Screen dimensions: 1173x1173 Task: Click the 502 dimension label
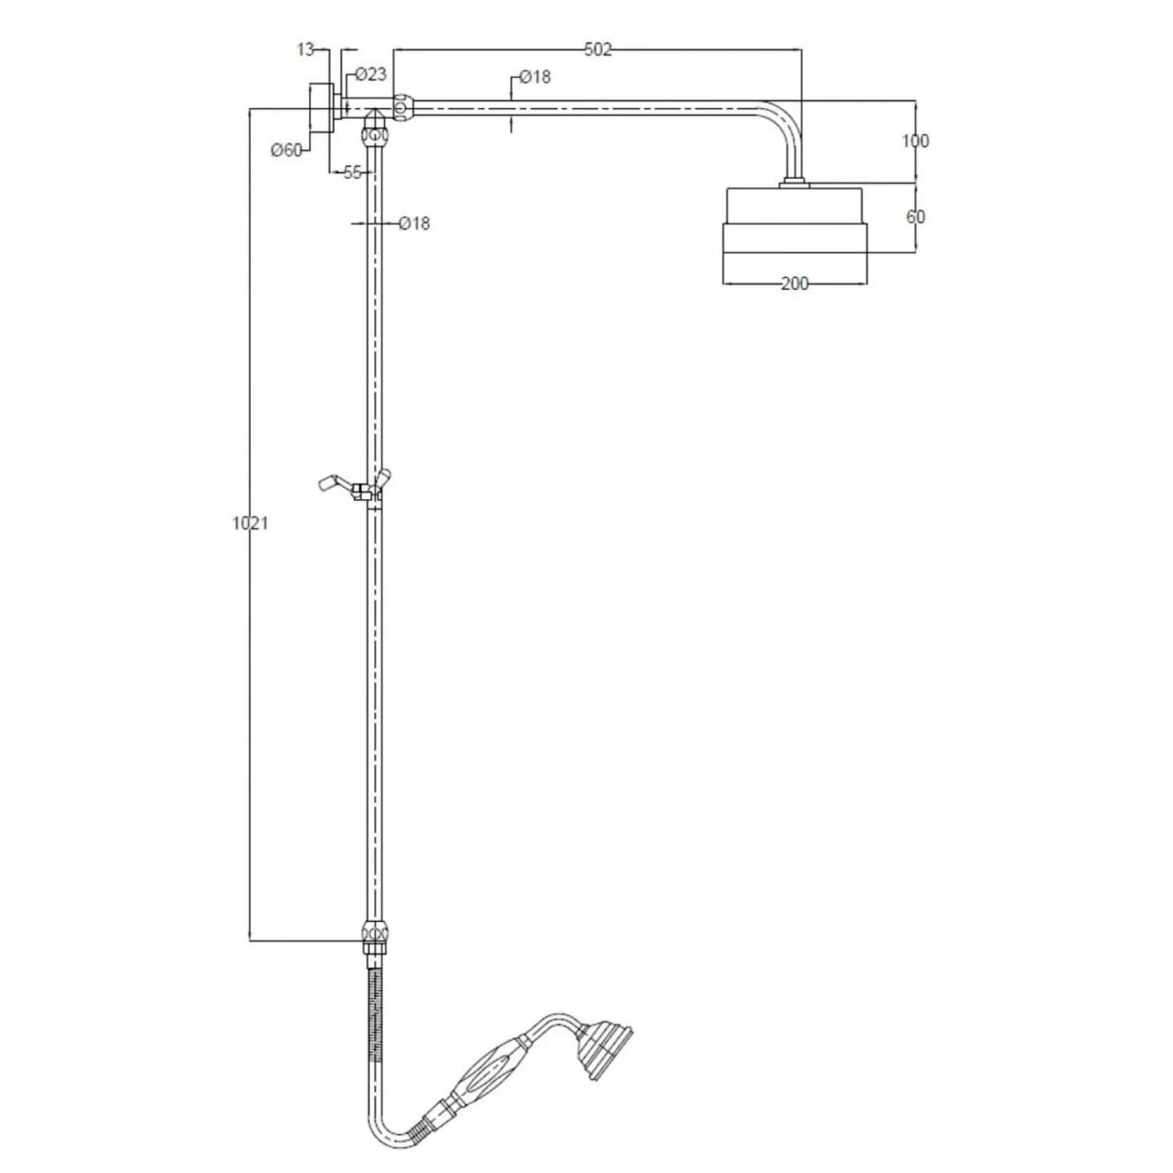597,49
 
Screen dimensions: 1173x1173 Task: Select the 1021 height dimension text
250,522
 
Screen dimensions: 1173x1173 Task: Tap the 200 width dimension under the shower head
795,283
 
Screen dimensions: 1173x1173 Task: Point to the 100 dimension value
915,141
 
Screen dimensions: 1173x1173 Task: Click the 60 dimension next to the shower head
915,216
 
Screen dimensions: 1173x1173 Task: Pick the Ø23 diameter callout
371,74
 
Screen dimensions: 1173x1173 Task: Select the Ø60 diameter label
286,150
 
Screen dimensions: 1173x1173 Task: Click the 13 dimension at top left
306,49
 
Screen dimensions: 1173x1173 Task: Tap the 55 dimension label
353,173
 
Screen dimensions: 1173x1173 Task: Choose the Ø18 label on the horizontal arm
535,77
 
